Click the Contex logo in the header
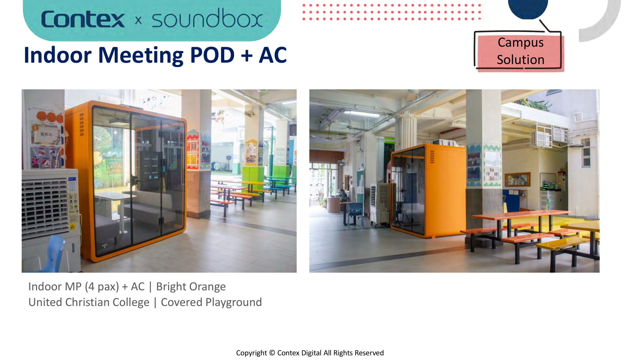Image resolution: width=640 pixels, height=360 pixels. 83,19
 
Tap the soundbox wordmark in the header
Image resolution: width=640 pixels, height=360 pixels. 207,18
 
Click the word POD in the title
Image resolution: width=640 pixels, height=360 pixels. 212,55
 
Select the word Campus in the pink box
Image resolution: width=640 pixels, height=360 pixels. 520,43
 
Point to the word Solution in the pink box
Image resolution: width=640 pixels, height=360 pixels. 520,60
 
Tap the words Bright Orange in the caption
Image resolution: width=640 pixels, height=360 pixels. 191,287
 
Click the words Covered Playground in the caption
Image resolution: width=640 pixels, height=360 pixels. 211,302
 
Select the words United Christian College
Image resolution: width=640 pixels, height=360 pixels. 89,302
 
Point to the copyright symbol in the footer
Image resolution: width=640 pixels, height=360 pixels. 272,353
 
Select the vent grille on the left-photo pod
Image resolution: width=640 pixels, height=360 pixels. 82,124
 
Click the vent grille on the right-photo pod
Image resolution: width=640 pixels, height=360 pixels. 432,156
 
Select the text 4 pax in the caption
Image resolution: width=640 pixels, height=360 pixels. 102,287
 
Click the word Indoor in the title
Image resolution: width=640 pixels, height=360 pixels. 57,55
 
